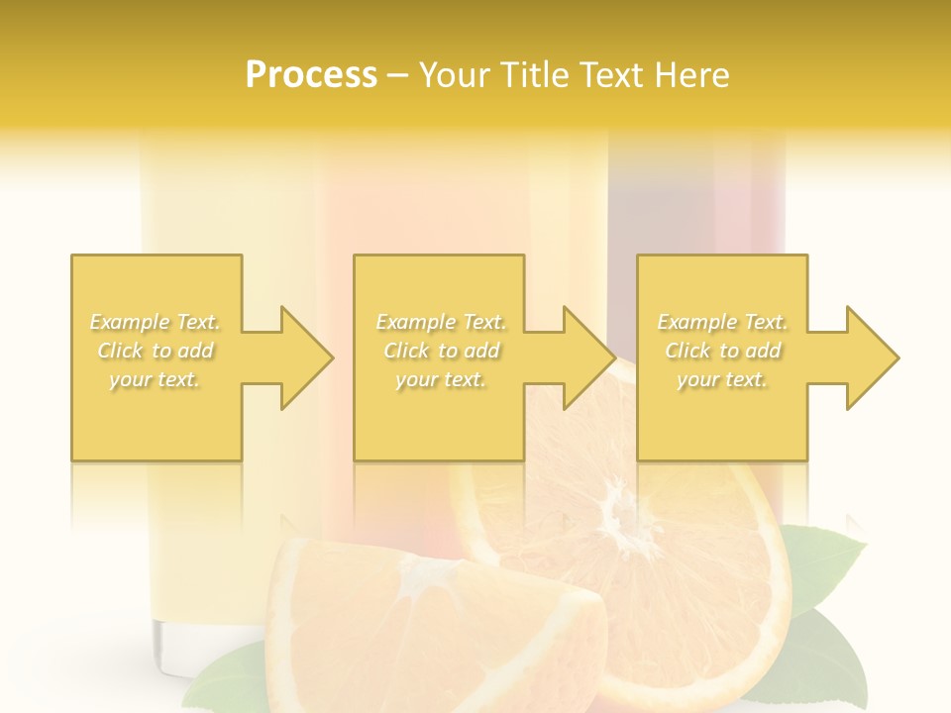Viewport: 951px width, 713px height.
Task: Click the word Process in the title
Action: (311, 75)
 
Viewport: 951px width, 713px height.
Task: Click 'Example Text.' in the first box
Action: (156, 322)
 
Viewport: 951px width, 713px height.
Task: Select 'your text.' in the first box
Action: (156, 379)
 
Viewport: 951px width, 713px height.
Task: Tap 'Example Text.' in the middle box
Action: (441, 322)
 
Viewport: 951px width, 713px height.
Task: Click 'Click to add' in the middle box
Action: (441, 351)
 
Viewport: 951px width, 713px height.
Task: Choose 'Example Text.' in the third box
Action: (722, 322)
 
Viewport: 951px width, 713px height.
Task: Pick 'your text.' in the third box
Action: (722, 379)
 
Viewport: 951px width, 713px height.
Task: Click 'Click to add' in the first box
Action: (156, 351)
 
